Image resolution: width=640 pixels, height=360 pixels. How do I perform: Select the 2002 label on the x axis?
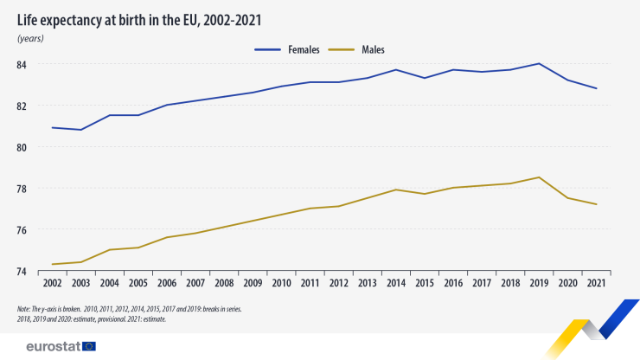click(x=53, y=284)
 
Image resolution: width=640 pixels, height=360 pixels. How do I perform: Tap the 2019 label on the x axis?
click(x=539, y=284)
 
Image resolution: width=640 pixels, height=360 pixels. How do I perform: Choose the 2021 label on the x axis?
click(x=596, y=284)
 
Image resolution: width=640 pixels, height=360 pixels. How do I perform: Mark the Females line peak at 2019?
click(x=539, y=63)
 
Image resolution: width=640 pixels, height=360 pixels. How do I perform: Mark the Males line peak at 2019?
click(x=539, y=177)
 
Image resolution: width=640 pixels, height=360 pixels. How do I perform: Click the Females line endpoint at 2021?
click(x=596, y=88)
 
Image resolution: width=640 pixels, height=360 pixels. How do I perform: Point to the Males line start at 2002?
click(x=53, y=264)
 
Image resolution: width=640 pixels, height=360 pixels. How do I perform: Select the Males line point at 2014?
click(x=396, y=190)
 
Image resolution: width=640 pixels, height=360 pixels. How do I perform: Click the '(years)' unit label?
click(x=30, y=37)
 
